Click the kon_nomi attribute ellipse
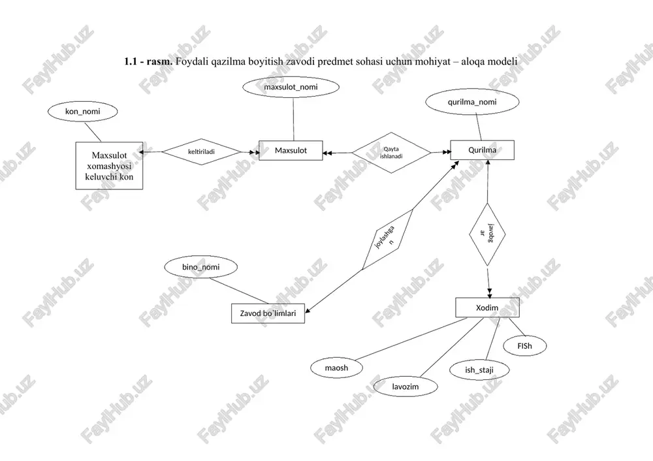(83, 111)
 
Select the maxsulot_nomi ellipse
(291, 87)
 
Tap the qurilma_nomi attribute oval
(472, 102)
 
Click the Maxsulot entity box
(291, 150)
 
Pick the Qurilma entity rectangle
(483, 150)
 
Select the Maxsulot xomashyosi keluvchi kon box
(109, 166)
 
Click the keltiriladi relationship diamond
(202, 152)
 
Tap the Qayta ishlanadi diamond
(391, 153)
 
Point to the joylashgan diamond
(388, 240)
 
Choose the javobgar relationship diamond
(487, 234)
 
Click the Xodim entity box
(487, 308)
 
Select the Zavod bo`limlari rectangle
(268, 313)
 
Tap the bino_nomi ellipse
(201, 267)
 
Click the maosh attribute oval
(336, 368)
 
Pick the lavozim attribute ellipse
(406, 387)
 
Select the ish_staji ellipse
(479, 370)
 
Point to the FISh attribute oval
(525, 345)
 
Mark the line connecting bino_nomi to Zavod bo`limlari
(240, 291)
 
